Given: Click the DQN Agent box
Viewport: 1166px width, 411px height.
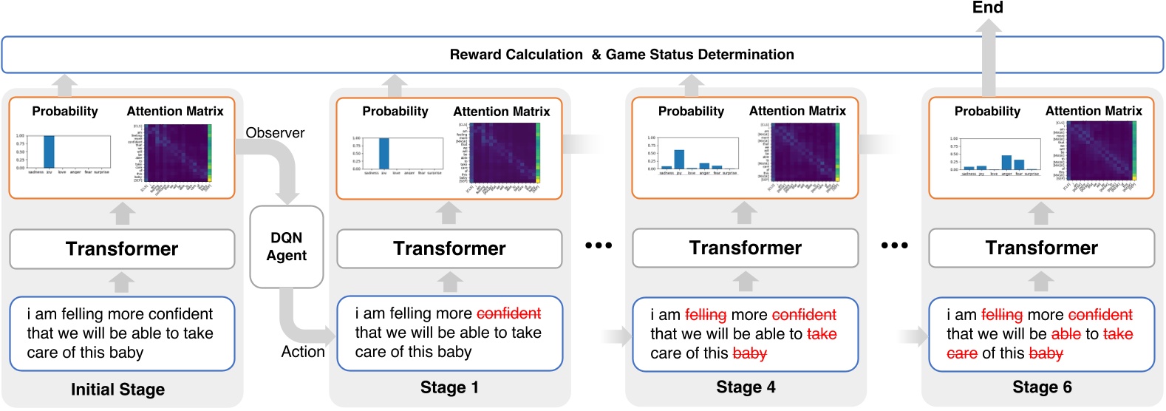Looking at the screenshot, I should [x=287, y=247].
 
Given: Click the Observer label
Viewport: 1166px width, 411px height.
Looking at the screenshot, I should [x=275, y=133].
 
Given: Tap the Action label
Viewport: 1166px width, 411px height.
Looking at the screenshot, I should [x=303, y=352].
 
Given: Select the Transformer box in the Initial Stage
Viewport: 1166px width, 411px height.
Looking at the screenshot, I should [x=122, y=249].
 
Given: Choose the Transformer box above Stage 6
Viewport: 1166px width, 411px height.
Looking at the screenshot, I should [x=1041, y=248].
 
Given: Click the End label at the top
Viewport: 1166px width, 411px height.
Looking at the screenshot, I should [x=987, y=8].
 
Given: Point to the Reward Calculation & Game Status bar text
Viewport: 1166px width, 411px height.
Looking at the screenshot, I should [x=621, y=55].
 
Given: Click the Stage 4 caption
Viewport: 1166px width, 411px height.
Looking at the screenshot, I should [x=746, y=387].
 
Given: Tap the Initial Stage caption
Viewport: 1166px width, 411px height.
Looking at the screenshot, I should [x=117, y=390].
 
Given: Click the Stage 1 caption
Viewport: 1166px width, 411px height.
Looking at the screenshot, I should [x=449, y=387].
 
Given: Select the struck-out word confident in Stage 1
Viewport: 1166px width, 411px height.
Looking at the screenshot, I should [x=508, y=313].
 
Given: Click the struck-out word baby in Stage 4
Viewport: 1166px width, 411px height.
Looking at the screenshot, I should [x=749, y=353].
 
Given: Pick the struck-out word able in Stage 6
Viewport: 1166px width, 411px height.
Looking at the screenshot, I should [x=1066, y=334].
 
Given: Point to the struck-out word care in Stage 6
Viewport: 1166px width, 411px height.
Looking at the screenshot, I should [x=962, y=353].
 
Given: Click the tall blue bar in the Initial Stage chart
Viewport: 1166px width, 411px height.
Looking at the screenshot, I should [x=49, y=152].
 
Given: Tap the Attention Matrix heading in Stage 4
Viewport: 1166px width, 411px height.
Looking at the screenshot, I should [x=797, y=111].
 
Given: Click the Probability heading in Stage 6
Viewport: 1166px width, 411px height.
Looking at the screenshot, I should [x=987, y=111].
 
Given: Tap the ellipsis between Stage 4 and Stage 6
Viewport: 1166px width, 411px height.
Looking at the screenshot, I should [x=894, y=245].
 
